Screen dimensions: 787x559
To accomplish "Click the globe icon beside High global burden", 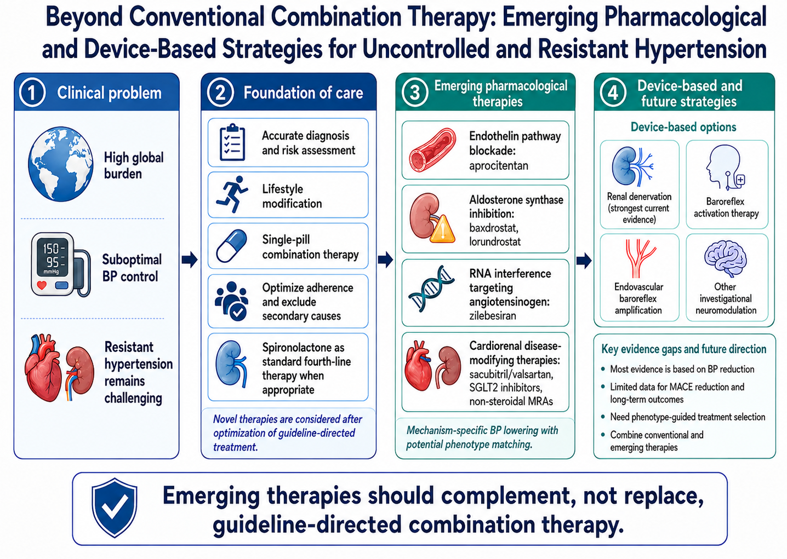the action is coord(61,164).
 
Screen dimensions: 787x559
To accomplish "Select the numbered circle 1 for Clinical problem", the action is coord(32,93).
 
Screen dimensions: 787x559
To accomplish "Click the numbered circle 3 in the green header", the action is coord(414,93).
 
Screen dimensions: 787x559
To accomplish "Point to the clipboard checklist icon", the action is coord(232,142).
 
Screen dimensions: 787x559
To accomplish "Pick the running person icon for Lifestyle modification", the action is coord(231,194).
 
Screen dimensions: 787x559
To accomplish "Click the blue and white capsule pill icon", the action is coord(231,246).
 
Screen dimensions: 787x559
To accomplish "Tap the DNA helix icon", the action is coord(431,289).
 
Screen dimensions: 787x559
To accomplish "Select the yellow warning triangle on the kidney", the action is coord(443,228).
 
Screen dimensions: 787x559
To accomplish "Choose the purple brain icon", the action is coord(725,259).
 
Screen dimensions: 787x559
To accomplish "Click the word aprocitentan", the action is coord(499,166).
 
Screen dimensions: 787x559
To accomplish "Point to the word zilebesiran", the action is coord(493,315).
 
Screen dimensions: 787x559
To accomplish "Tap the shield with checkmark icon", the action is coord(114,508).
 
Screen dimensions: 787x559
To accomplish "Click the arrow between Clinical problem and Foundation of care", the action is coord(190,260).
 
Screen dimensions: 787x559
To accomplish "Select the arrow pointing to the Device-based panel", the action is coord(584,261).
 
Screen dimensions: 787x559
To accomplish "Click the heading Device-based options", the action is coord(683,127).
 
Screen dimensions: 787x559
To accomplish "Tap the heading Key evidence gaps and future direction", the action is coord(684,349).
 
